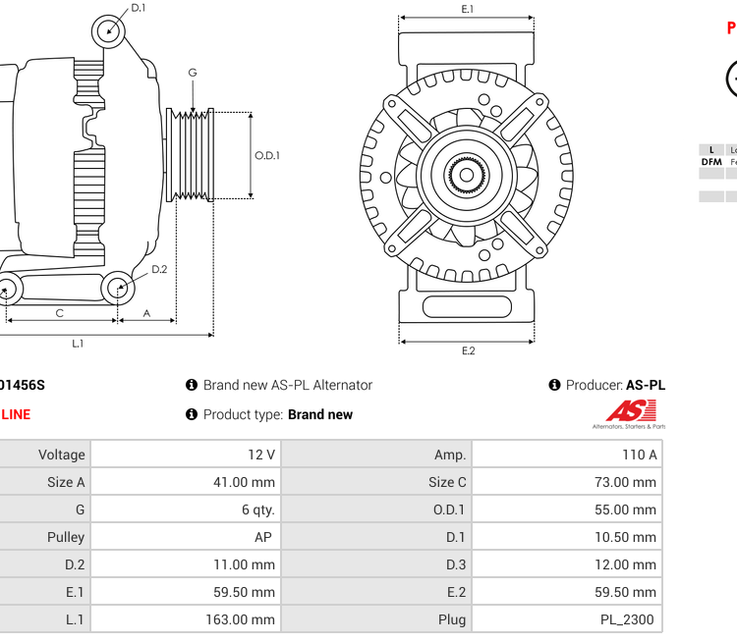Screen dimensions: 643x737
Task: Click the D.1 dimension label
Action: (x=139, y=8)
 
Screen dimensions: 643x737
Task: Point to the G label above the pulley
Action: (x=193, y=73)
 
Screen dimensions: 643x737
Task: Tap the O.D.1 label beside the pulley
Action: (x=267, y=155)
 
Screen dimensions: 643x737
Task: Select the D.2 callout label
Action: (x=159, y=269)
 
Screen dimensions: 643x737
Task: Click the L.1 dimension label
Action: (x=78, y=344)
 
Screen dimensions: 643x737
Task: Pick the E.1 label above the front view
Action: (x=468, y=9)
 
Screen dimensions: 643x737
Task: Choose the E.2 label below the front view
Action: (x=468, y=350)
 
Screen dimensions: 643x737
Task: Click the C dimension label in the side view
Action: (x=60, y=313)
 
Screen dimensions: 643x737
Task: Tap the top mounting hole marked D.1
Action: (x=109, y=30)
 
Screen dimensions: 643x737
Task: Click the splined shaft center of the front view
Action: (x=467, y=175)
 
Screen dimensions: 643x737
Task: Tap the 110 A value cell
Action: (x=639, y=455)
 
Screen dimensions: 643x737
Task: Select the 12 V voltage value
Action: (x=261, y=455)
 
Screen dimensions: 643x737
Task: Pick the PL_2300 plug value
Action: (x=628, y=619)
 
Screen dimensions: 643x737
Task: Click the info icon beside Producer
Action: (x=554, y=385)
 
